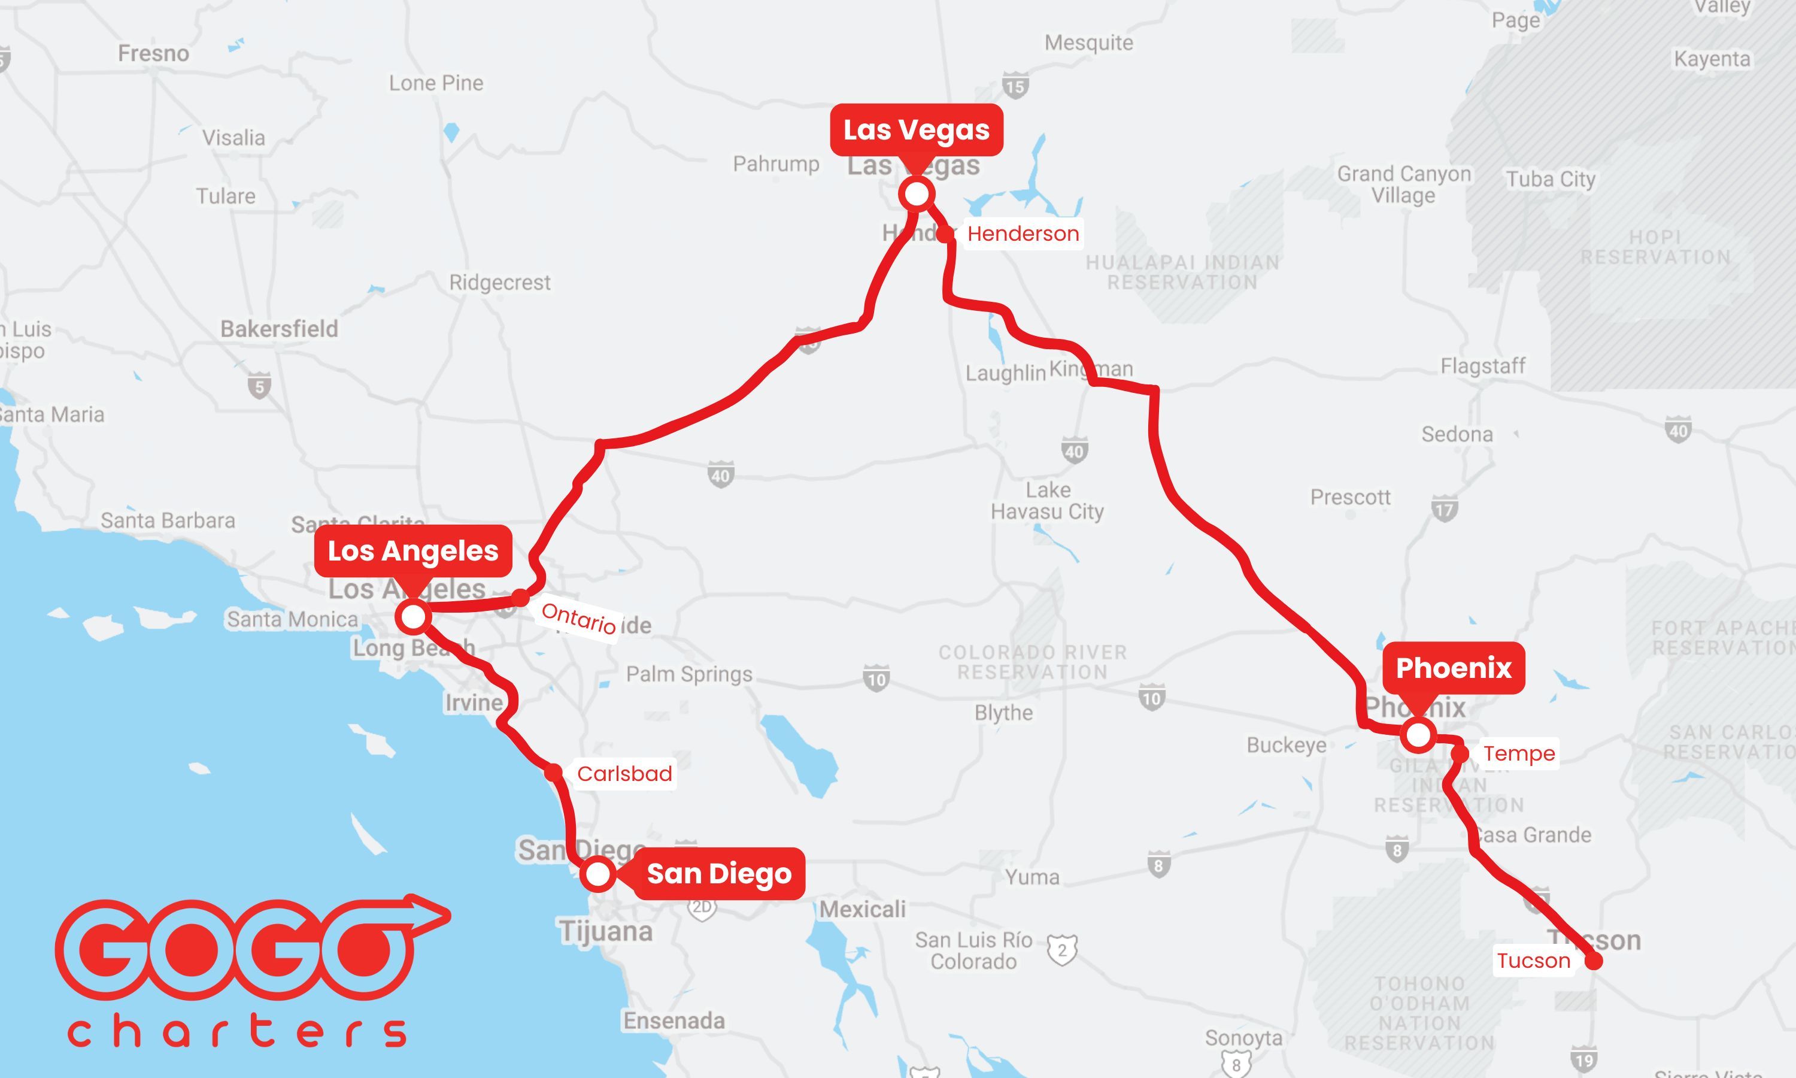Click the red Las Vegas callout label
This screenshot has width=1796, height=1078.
tap(916, 130)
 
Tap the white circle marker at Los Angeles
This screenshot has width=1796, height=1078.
tap(413, 617)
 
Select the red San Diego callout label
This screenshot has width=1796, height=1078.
tap(718, 873)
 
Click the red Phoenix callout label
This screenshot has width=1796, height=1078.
tap(1454, 668)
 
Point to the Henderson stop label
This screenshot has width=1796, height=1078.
tap(1023, 234)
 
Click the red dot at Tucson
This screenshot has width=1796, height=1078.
tap(1594, 961)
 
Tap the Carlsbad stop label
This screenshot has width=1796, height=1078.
tap(624, 774)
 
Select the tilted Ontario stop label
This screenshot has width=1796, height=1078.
tap(578, 618)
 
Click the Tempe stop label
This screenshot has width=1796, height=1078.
tap(1519, 753)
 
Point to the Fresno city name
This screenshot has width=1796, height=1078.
tap(153, 53)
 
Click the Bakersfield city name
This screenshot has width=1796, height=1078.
tap(280, 328)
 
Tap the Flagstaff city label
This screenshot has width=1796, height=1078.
tap(1482, 366)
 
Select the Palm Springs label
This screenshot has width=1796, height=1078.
tap(689, 674)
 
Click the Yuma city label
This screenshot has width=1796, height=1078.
tap(1032, 877)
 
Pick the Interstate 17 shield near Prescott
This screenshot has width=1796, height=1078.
tap(1445, 508)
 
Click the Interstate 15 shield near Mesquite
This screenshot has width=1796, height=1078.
tap(1015, 86)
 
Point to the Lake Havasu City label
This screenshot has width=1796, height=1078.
tap(1047, 501)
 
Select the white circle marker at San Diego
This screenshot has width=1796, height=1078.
tap(597, 874)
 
